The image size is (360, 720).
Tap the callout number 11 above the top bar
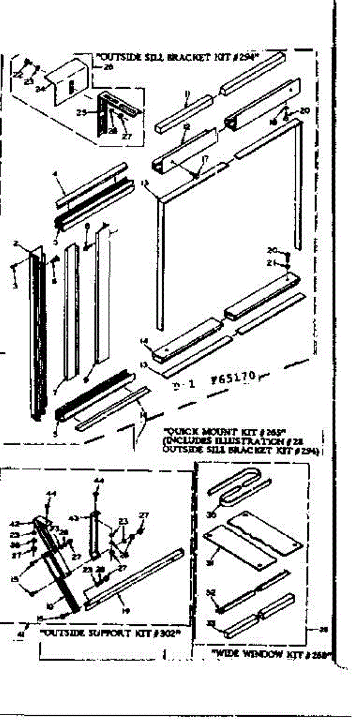click(x=187, y=93)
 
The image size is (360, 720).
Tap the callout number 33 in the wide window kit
click(x=211, y=623)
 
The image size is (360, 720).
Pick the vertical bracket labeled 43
click(x=95, y=531)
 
